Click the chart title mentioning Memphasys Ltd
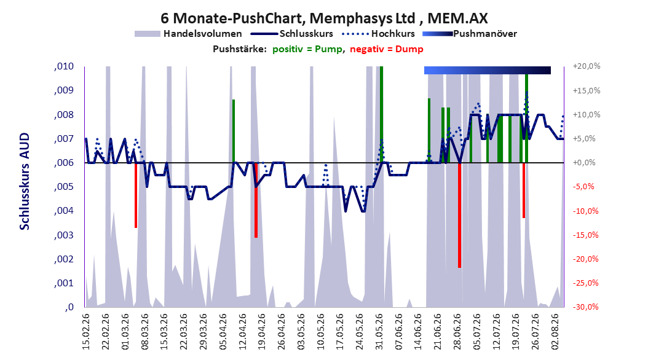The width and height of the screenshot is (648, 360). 324,18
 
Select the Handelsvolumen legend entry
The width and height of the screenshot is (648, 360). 189,34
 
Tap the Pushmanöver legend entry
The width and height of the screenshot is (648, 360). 470,34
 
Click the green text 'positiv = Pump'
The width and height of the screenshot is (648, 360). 307,49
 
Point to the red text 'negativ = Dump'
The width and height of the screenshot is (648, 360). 387,49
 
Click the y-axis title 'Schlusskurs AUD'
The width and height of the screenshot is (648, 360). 25,181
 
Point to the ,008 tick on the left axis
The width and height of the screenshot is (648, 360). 64,114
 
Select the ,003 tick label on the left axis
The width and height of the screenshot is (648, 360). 64,235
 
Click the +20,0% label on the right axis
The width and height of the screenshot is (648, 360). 587,66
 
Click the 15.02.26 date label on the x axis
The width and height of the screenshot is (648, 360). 86,332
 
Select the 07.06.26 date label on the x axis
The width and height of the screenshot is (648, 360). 399,332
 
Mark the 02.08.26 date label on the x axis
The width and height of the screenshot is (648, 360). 555,332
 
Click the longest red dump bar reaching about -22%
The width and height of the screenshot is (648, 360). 459,215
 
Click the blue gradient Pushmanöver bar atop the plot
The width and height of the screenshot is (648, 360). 488,70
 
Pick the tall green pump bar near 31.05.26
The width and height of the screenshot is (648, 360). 381,114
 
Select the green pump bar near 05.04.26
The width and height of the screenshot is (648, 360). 234,131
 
